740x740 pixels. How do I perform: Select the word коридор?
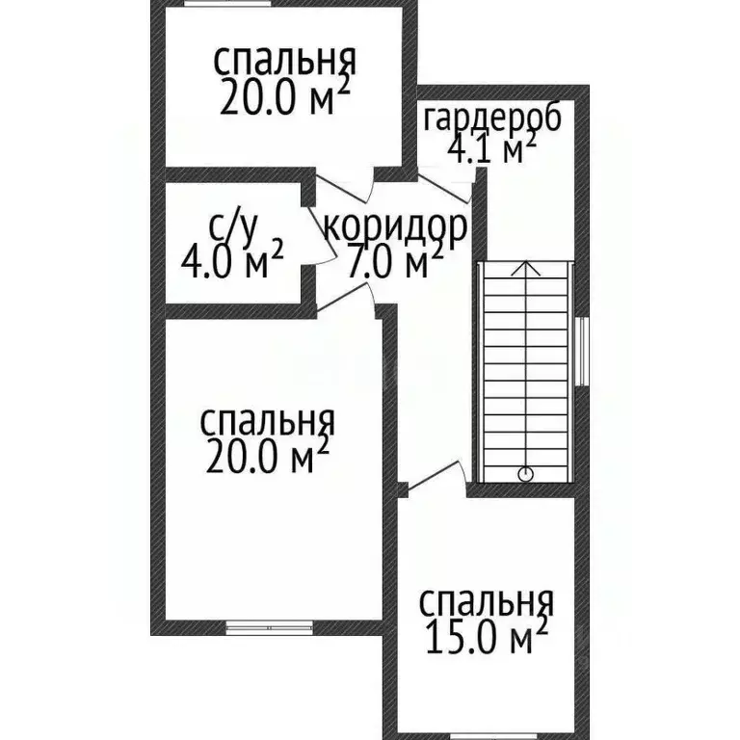click(395, 228)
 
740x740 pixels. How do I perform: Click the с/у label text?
click(233, 227)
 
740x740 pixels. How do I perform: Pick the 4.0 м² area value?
click(232, 260)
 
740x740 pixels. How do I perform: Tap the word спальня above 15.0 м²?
click(487, 603)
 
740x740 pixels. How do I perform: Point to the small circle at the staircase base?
click(524, 473)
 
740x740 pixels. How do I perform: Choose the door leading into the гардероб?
click(446, 185)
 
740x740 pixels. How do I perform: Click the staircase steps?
click(524, 376)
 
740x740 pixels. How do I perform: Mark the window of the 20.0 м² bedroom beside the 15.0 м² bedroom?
click(270, 628)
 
